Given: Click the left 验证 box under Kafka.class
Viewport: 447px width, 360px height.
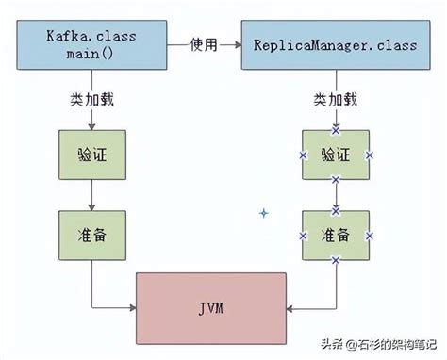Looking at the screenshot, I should [91, 154].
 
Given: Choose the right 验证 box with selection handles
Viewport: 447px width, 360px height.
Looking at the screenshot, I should [336, 155].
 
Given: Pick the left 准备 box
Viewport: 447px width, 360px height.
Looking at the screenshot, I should [91, 234].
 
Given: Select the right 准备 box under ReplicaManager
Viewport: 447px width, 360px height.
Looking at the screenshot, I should [336, 234].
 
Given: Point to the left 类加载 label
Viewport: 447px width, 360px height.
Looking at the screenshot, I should [91, 100].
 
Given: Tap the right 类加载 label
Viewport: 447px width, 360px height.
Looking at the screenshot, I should [336, 100].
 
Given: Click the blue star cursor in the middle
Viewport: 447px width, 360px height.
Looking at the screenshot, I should [264, 213].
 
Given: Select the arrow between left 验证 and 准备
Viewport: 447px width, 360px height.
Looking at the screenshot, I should [91, 194].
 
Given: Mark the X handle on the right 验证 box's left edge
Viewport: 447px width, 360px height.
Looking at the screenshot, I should [303, 155].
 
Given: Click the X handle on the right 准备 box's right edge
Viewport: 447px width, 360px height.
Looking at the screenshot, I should [370, 234].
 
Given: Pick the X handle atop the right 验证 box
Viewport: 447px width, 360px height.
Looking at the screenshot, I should [336, 130].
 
